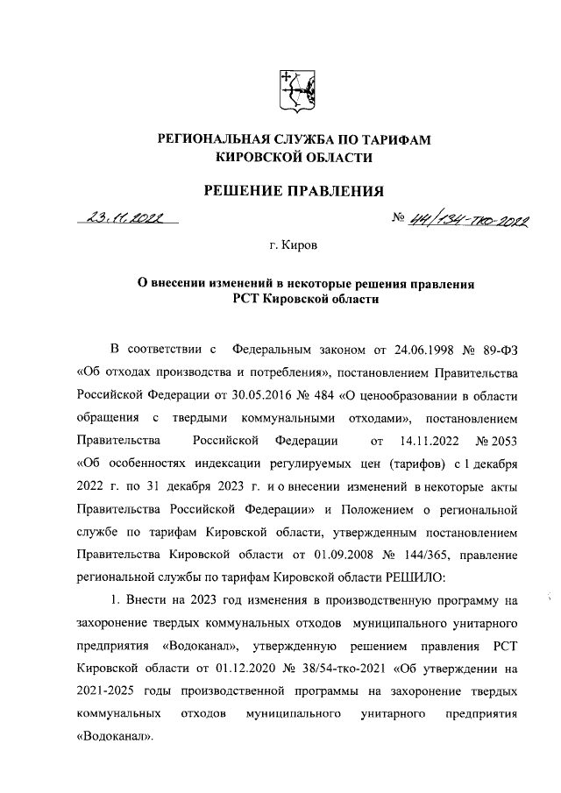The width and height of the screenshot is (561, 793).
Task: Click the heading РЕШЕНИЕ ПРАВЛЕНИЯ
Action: (295, 190)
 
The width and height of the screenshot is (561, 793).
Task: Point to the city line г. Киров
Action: (294, 248)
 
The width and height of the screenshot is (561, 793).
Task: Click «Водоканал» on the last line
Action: (115, 736)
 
